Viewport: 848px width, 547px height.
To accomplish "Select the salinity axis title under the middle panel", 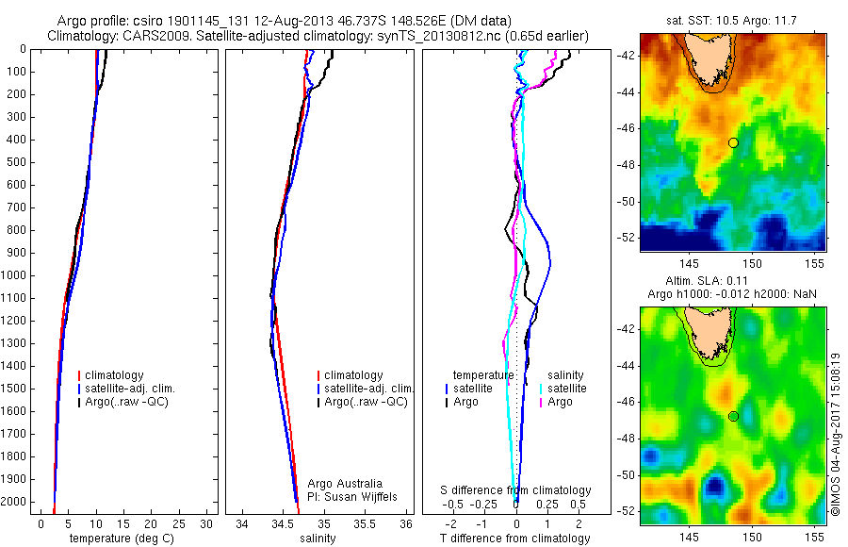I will (x=318, y=539).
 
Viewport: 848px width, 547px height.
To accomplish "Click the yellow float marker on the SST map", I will (x=733, y=142).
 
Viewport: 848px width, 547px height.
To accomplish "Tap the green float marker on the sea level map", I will (x=733, y=416).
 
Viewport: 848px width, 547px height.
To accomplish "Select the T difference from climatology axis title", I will (x=514, y=539).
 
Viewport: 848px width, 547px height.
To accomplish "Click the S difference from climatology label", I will (x=515, y=490).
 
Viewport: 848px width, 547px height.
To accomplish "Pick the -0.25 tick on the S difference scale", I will (x=485, y=504).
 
